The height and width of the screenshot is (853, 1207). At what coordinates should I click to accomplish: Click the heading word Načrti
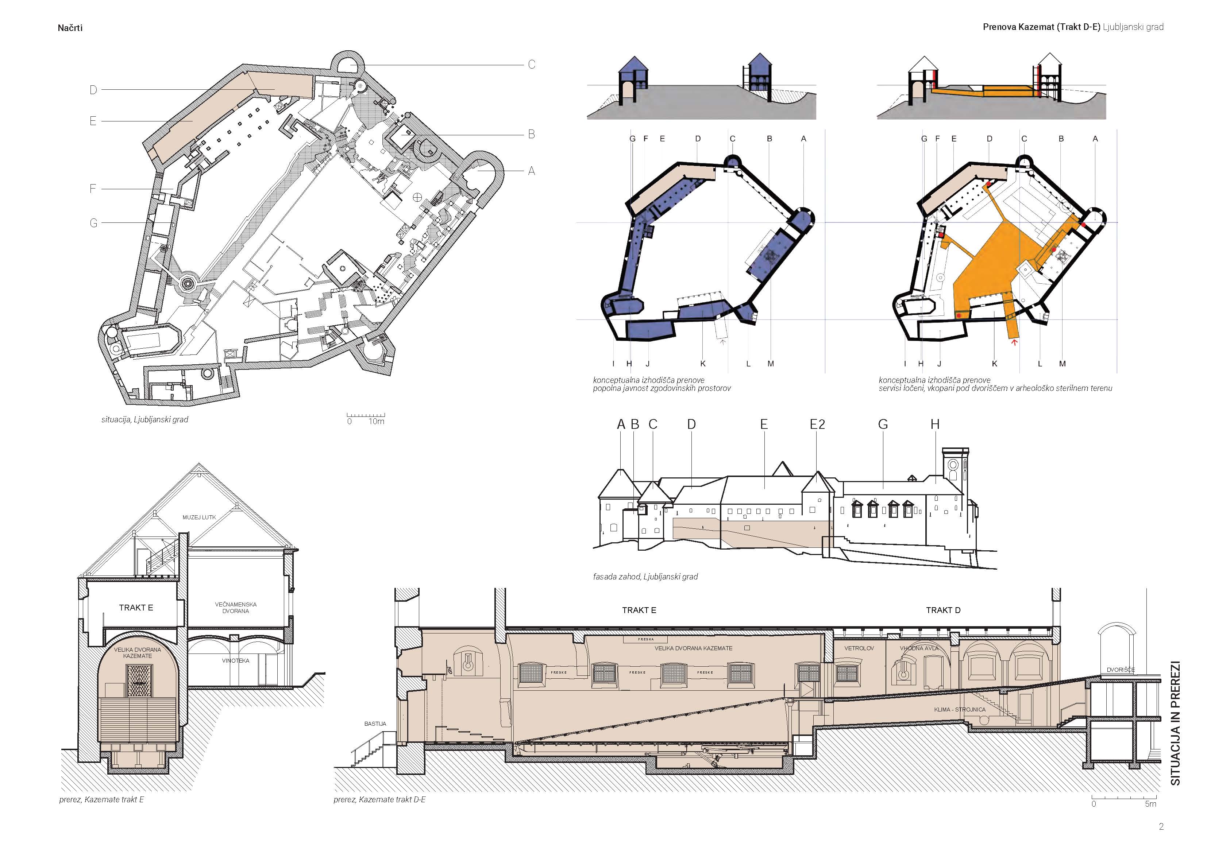click(70, 28)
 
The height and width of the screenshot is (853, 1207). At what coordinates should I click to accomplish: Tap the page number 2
click(1161, 827)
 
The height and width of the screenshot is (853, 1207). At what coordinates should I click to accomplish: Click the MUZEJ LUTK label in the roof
click(199, 517)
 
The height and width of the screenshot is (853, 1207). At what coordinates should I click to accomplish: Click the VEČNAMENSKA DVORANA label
click(235, 608)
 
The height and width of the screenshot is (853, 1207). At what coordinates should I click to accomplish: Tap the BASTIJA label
click(375, 724)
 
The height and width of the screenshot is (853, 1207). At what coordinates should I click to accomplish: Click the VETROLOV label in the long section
click(859, 648)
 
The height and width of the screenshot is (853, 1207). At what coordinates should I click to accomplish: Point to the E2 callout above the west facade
click(817, 424)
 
